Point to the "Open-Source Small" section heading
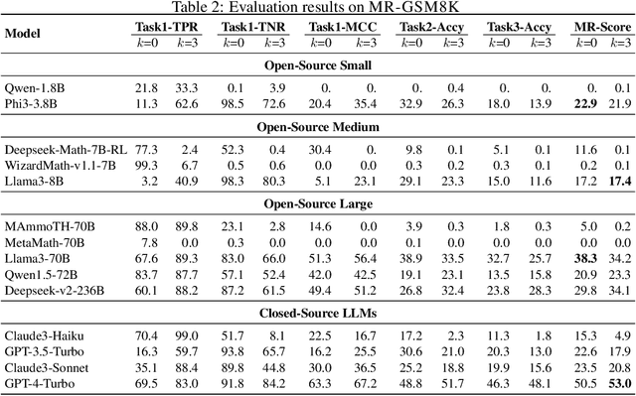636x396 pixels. (x=318, y=66)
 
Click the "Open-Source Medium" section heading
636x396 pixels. (x=318, y=127)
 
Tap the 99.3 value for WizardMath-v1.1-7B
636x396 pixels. (x=145, y=164)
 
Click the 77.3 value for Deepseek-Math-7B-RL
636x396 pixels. (x=145, y=149)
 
